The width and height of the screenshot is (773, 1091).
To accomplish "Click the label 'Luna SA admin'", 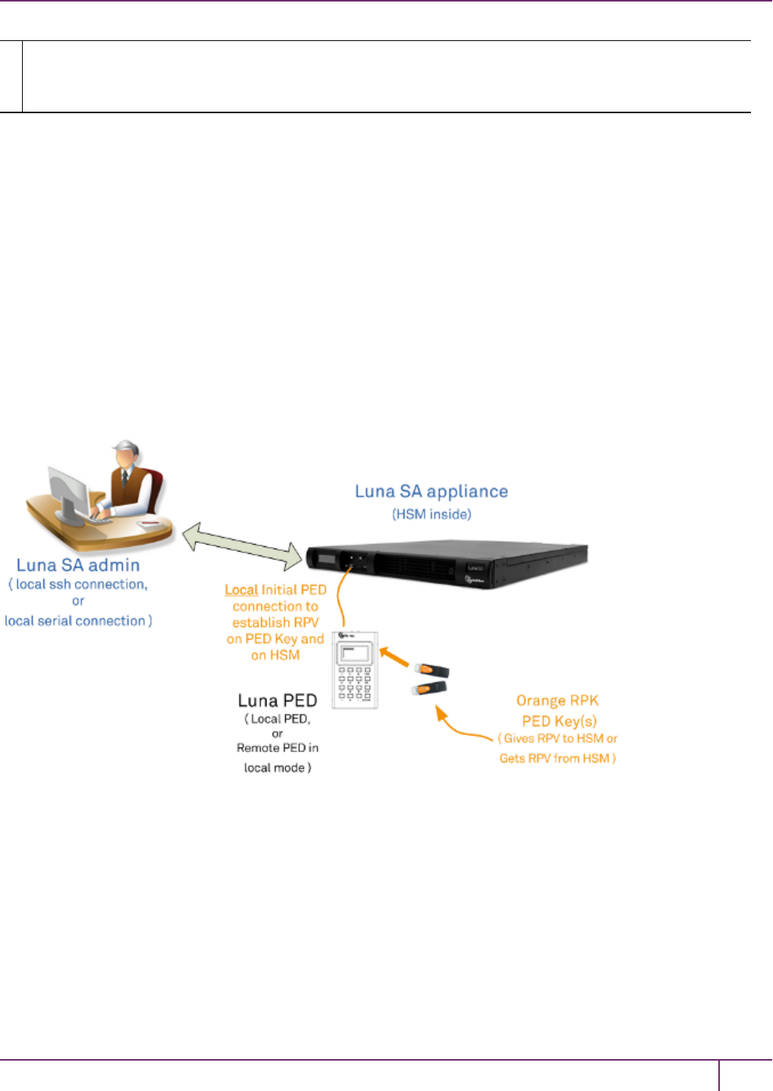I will tap(78, 565).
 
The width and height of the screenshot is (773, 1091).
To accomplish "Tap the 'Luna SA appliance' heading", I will tap(431, 492).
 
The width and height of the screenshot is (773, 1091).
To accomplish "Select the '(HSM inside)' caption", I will tap(431, 514).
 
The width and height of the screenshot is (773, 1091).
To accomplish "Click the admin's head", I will tap(126, 454).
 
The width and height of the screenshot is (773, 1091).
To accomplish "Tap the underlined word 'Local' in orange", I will tap(241, 590).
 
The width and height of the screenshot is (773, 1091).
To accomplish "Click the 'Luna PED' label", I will tap(277, 700).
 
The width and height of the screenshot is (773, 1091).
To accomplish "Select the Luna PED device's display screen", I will tap(355, 654).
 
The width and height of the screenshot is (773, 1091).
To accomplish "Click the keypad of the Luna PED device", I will tap(355, 683).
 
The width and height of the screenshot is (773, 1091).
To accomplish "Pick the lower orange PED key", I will tap(429, 688).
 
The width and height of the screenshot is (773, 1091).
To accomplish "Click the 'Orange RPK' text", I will tap(557, 700).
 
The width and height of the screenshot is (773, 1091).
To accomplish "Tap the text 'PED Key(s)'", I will tap(559, 721).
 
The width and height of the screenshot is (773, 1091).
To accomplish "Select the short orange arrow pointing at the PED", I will tap(394, 657).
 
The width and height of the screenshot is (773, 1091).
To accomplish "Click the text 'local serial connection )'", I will tap(78, 621).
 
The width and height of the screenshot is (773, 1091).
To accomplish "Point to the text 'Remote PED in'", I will tap(277, 748).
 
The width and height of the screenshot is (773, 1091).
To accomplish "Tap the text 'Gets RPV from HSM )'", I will tap(557, 758).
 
